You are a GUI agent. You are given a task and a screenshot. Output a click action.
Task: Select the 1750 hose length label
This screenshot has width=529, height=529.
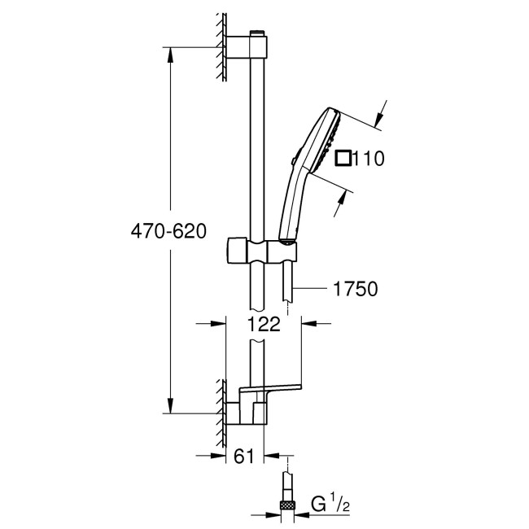[354, 288]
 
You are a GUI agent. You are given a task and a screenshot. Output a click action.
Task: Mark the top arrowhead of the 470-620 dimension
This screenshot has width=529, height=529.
[170, 54]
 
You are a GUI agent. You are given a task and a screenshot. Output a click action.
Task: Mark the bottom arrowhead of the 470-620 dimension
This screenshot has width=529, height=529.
[170, 407]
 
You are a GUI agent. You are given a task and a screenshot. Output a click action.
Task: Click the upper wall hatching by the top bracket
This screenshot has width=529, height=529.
[221, 46]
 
